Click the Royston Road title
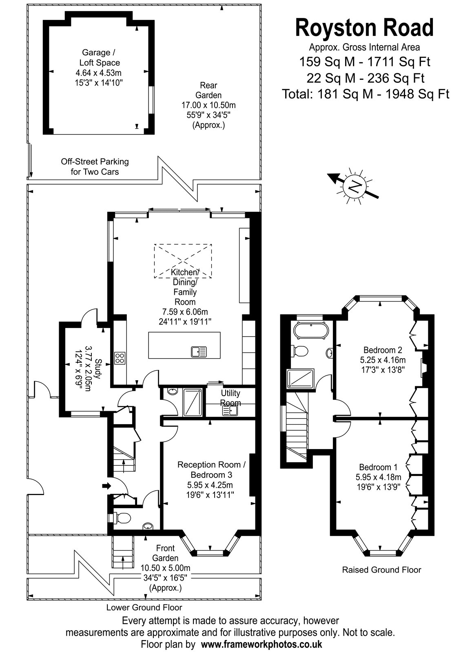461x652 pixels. [x=364, y=28]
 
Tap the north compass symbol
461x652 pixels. [x=354, y=185]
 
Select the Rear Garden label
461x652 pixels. [x=208, y=90]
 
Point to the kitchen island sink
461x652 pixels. [x=199, y=352]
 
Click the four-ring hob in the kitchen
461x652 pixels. [x=120, y=358]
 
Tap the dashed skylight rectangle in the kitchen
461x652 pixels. [x=183, y=261]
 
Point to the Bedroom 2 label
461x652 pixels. [x=383, y=350]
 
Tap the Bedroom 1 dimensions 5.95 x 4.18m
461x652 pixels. [x=378, y=477]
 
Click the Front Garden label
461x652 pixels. [x=165, y=553]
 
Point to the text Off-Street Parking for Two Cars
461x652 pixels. [x=95, y=167]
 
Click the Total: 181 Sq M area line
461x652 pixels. [x=366, y=94]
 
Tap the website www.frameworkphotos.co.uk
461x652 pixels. [x=262, y=643]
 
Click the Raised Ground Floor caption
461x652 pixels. [x=381, y=570]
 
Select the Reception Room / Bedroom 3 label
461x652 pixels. [x=211, y=469]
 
